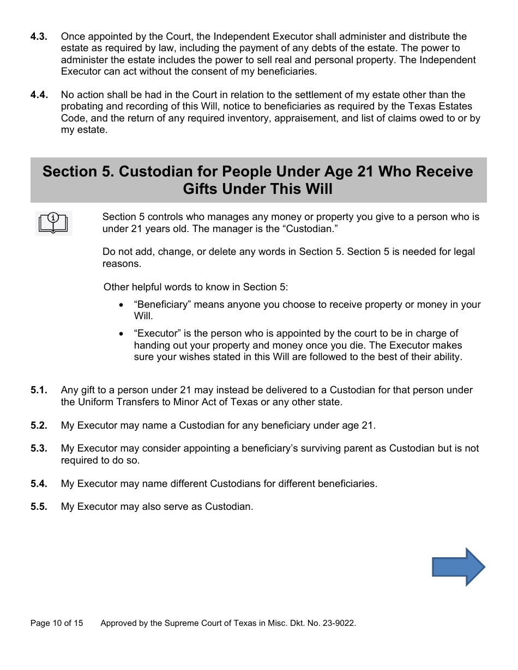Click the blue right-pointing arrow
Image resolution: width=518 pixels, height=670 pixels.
pyautogui.click(x=459, y=567)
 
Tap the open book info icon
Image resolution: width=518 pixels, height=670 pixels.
pyautogui.click(x=53, y=223)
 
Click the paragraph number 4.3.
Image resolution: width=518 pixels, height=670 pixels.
pyautogui.click(x=39, y=36)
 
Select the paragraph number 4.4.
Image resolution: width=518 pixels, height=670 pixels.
pyautogui.click(x=39, y=95)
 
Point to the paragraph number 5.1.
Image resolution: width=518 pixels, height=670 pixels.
pyautogui.click(x=39, y=390)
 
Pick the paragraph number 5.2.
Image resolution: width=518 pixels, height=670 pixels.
pyautogui.click(x=39, y=425)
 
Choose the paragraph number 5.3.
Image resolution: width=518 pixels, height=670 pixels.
pyautogui.click(x=39, y=448)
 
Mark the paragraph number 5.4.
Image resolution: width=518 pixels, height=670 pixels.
pyautogui.click(x=39, y=484)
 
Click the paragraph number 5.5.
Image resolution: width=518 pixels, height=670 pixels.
pyautogui.click(x=39, y=507)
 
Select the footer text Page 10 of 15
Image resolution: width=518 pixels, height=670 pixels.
pyautogui.click(x=57, y=623)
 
